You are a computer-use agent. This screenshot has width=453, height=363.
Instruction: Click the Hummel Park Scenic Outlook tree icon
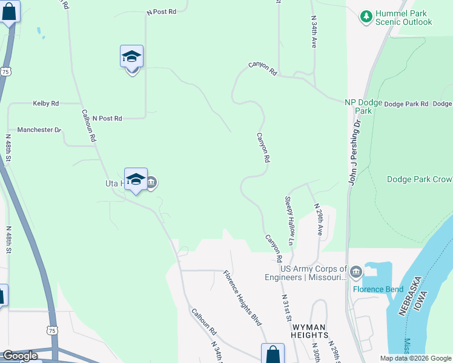[366, 17]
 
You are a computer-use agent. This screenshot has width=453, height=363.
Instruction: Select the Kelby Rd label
[45, 103]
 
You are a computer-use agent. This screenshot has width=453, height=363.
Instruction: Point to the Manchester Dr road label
[39, 129]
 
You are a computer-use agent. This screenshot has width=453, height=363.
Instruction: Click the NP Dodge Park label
[363, 106]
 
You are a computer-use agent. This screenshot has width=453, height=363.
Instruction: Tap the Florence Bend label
[378, 289]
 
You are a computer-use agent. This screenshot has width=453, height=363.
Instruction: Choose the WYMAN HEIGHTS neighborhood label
[301, 335]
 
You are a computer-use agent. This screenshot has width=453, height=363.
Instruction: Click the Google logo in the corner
[19, 356]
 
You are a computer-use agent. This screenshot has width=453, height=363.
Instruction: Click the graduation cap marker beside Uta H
[136, 180]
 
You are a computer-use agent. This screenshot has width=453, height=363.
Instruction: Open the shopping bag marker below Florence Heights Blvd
[273, 354]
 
